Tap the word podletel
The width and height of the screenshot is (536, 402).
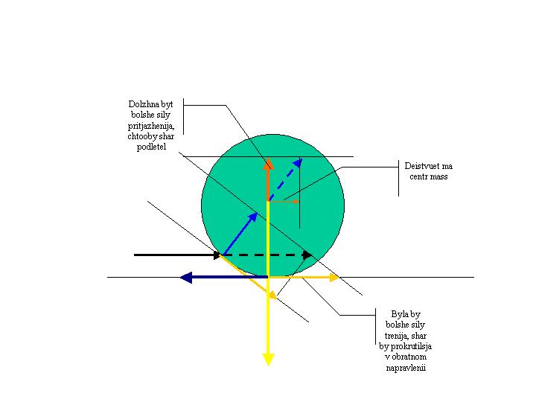pos(151,149)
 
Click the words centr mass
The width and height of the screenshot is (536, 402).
pos(428,177)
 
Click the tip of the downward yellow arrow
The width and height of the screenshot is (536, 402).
pos(268,363)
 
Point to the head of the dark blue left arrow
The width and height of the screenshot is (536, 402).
pos(185,277)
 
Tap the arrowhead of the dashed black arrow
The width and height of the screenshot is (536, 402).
pos(309,255)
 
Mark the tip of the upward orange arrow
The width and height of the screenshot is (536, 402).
pos(267,162)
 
